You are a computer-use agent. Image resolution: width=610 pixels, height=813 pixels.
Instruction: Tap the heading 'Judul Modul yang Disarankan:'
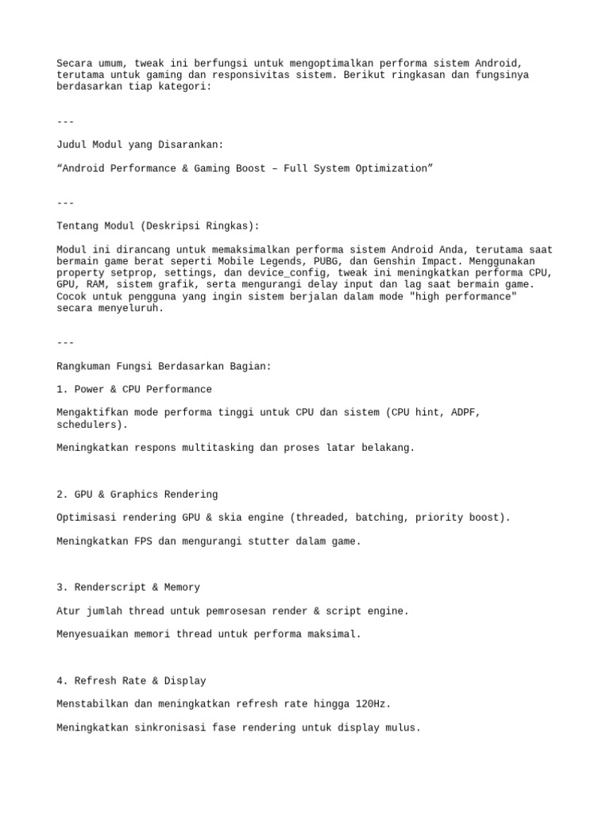coord(141,144)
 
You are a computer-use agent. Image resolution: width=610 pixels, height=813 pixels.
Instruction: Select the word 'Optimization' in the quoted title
coord(392,168)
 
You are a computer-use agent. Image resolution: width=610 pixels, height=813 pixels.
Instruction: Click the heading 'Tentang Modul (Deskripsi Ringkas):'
coord(158,226)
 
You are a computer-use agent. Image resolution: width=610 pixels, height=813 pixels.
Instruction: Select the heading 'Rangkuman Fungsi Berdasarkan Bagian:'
coord(164,366)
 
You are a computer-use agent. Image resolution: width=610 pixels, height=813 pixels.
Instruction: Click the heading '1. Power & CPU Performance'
coord(135,389)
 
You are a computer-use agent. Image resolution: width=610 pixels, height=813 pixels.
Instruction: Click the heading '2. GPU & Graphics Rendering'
coord(137,494)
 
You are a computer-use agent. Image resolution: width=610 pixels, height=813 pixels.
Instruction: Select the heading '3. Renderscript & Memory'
coord(129,588)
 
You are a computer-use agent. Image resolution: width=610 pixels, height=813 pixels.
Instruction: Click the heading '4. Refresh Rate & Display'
coord(132,680)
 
